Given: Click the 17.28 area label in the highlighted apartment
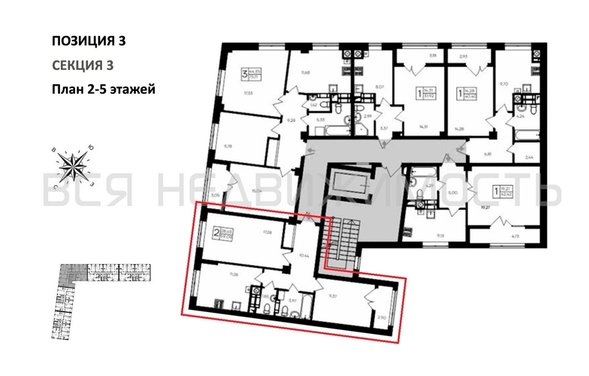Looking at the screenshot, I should (267, 234).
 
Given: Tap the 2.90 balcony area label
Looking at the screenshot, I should (382, 320).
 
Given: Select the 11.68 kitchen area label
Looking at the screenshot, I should (305, 73).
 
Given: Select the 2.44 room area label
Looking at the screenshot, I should (529, 157).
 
